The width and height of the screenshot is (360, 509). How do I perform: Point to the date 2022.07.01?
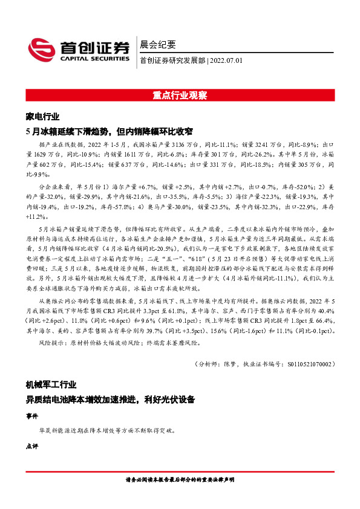226,60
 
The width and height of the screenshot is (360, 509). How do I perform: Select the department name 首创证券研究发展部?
172,60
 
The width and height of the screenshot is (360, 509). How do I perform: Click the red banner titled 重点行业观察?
180,96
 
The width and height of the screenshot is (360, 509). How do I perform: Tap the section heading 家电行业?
43,116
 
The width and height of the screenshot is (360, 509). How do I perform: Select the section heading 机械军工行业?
51,385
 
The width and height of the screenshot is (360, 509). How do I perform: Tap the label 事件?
32,416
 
